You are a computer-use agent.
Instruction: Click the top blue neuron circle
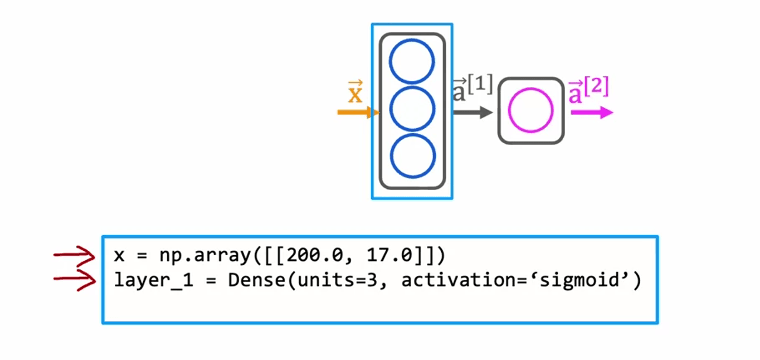click(412, 62)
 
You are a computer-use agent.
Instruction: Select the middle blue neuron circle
click(412, 109)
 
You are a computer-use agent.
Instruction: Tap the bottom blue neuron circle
click(412, 156)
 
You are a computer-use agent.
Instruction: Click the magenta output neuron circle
click(530, 110)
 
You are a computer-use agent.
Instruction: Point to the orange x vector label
click(355, 93)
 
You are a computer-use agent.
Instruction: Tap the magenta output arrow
click(592, 113)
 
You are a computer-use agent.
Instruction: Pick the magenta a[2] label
click(588, 90)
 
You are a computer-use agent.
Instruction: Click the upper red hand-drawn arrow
click(75, 256)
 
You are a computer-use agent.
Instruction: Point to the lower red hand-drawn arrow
click(75, 280)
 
